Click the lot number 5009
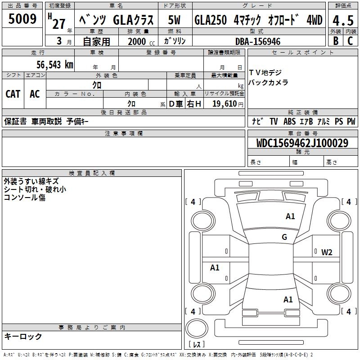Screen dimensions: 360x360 [x=22, y=19]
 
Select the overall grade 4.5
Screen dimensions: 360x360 [x=343, y=21]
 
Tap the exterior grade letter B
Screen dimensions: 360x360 [x=336, y=41]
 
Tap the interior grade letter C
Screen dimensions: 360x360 [x=350, y=41]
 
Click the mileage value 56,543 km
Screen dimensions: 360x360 [x=55, y=65]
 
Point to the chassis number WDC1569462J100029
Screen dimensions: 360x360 [x=302, y=143]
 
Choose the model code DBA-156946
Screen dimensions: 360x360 [x=258, y=41]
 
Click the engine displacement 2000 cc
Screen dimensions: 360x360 [x=141, y=42]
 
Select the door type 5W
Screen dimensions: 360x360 [x=174, y=20]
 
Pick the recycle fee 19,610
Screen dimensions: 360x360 [x=225, y=104]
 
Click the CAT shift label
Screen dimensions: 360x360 [x=13, y=94]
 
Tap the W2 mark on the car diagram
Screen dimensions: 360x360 [x=327, y=252]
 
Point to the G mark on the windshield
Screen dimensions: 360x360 [x=284, y=237]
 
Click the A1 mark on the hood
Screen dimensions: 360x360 [x=290, y=216]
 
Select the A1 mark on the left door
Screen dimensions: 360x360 [x=215, y=267]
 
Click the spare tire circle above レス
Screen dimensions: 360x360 [x=197, y=328]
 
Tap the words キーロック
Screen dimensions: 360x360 [x=23, y=336]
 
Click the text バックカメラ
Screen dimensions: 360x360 [x=268, y=82]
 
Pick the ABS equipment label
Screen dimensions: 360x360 [x=289, y=121]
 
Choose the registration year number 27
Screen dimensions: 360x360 [x=59, y=24]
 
